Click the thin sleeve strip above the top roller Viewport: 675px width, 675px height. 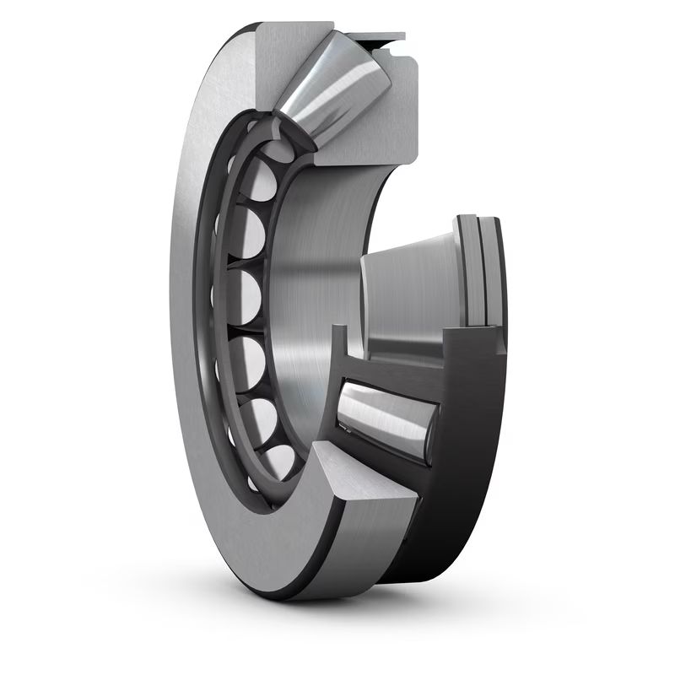[x=380, y=37]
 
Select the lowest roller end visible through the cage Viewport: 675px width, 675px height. [x=278, y=460]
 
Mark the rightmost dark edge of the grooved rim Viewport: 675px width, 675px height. [x=499, y=270]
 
